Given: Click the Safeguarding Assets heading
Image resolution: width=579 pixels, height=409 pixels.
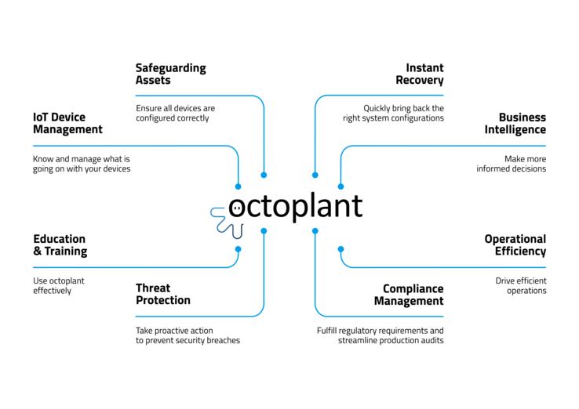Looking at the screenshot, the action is tap(170, 74).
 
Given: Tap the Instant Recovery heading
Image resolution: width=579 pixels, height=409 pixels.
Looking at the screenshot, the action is tap(420, 74).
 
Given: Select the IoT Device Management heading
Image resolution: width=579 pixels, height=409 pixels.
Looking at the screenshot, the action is tap(67, 123).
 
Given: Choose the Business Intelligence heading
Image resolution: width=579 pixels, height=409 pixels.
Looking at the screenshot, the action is tap(515, 124).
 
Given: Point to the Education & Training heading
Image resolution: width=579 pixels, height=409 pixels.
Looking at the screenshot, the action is tap(60, 245).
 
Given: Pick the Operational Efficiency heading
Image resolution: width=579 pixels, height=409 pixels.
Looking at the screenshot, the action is tap(515, 245).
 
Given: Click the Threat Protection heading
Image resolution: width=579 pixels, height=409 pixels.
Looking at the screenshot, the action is tap(163, 294).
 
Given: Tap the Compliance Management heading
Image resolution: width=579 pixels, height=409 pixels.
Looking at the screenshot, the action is tap(409, 295).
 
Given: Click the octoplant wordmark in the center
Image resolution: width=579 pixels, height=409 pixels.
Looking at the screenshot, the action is tap(296, 207).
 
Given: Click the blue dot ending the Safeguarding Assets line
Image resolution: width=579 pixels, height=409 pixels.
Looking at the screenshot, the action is tap(264, 176).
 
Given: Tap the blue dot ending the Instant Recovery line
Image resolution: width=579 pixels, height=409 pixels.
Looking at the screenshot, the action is tap(315, 176).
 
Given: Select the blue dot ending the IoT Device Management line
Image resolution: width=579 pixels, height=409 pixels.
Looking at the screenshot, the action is tap(239, 186).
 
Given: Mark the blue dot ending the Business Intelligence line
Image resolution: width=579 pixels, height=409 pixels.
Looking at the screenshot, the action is tap(340, 186).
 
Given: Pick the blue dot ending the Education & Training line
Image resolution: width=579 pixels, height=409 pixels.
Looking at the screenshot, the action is tap(239, 249).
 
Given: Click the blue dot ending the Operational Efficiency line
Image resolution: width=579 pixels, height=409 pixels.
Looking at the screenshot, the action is tap(340, 249).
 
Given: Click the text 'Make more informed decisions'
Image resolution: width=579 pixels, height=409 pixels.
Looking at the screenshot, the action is tap(511, 164).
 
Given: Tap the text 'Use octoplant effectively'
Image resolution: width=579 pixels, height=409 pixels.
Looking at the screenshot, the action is tap(59, 286).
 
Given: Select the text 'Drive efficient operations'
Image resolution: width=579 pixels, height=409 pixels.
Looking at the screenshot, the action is tap(521, 286).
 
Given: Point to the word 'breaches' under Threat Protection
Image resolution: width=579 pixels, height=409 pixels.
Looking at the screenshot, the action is tap(224, 340).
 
